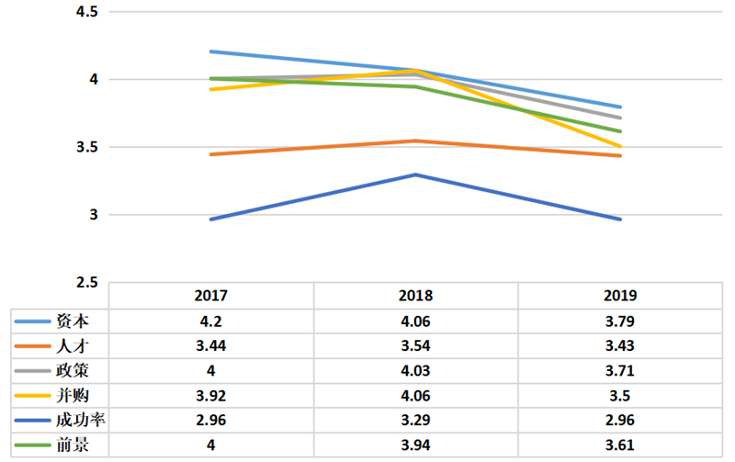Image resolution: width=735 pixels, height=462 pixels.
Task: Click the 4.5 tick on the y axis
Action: coord(87,12)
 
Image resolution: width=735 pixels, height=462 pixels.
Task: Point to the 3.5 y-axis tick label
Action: coord(87,147)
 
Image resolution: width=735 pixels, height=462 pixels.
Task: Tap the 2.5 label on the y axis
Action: coord(87,283)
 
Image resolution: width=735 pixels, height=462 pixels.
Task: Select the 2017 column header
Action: coord(211,296)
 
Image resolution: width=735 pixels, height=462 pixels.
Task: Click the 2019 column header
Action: coord(620,296)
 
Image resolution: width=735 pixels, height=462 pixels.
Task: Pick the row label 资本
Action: coord(73,321)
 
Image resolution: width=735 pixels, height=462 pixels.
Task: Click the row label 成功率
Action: coord(81,420)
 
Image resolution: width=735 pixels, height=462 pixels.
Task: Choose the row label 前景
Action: coord(73,445)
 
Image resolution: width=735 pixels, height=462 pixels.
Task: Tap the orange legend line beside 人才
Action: coord(32,346)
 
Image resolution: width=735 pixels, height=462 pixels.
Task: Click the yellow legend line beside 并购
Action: coord(32,396)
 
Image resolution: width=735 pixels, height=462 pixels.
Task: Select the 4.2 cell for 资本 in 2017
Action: coord(211,321)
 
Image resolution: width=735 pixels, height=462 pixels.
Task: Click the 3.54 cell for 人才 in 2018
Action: coord(416,345)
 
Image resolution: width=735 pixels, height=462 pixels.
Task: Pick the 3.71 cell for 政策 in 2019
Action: coord(620,371)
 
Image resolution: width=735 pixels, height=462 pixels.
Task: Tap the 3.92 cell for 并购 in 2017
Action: coord(211,396)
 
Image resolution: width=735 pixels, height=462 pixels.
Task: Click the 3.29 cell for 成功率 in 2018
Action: coord(416,420)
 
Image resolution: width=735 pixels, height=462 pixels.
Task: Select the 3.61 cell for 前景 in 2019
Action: coord(620,445)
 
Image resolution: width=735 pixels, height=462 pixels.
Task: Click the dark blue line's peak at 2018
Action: coord(416,175)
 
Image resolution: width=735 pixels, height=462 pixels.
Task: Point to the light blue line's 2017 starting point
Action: coord(211,51)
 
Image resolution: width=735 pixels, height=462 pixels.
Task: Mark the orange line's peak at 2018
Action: coord(416,141)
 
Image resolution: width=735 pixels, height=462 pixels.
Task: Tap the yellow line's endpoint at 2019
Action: coord(620,147)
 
